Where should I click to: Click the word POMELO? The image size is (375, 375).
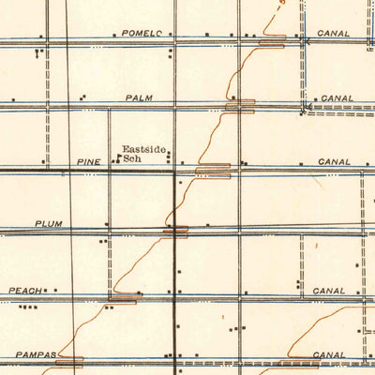[142, 34]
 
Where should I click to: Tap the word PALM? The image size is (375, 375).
[138, 97]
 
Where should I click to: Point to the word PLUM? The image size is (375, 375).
[47, 224]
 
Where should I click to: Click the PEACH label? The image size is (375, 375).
[25, 291]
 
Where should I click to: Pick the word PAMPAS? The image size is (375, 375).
[37, 355]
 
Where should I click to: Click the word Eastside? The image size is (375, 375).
[142, 148]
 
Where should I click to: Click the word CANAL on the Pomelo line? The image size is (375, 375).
[333, 34]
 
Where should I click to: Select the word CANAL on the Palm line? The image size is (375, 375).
[337, 97]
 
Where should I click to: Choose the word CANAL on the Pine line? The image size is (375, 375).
[335, 162]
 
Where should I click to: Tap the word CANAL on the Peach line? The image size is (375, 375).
[334, 291]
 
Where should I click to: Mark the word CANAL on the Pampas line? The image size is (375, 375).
[329, 355]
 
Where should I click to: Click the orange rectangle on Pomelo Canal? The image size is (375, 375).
[271, 44]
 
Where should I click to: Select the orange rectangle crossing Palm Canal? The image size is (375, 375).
[239, 106]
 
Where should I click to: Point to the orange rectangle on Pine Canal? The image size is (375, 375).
[212, 171]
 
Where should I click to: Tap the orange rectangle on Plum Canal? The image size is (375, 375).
[175, 230]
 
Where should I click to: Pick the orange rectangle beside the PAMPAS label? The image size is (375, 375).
[69, 359]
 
